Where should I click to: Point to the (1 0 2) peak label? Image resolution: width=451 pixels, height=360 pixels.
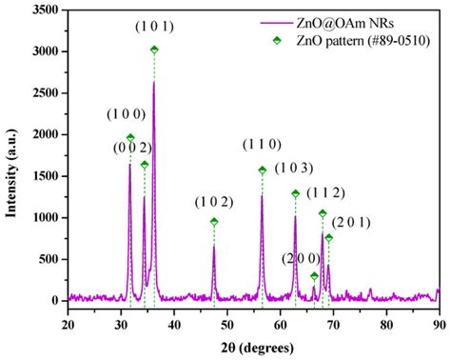[x=213, y=201]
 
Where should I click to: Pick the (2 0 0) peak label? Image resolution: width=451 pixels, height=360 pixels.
[x=302, y=258]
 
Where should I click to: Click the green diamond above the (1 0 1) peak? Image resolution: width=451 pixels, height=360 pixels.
[x=154, y=50]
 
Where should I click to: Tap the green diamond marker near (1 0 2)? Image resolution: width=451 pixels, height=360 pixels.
[x=214, y=222]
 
